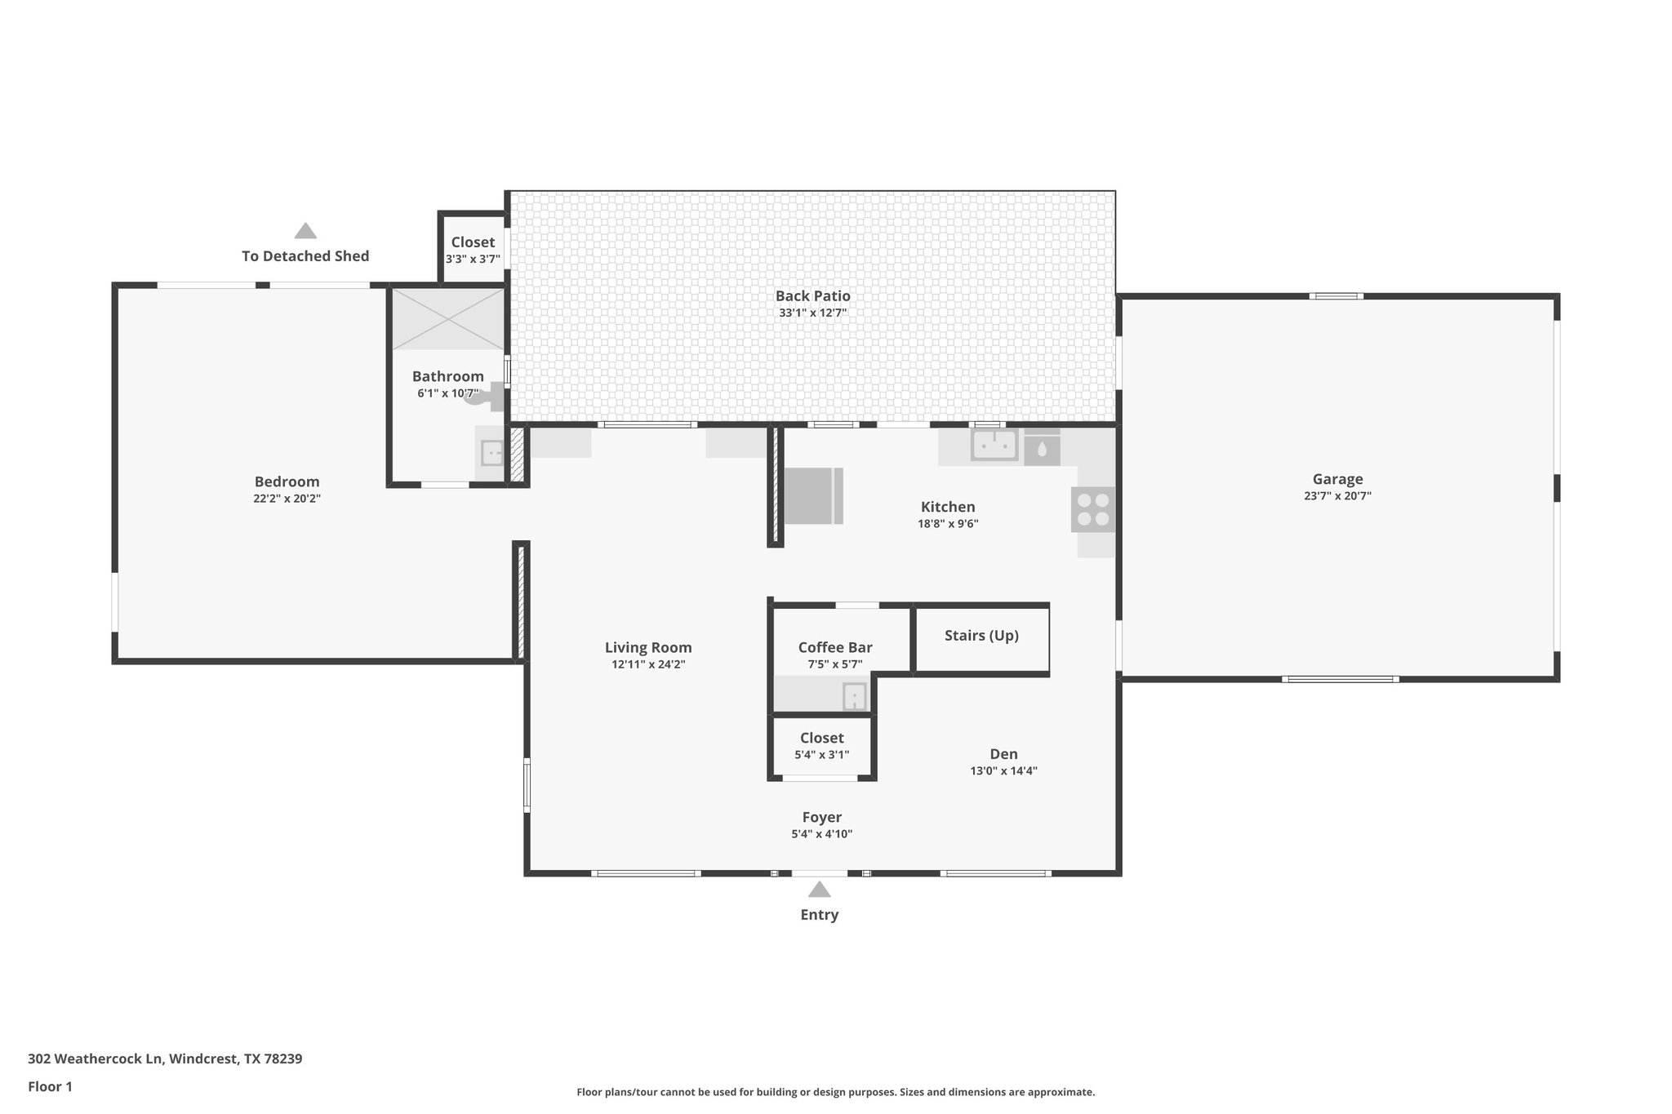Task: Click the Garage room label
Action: point(1337,479)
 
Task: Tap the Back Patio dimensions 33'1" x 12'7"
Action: point(812,313)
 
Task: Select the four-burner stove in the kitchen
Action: point(1093,509)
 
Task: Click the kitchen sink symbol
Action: point(994,446)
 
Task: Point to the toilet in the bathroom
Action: point(487,397)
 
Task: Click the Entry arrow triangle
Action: point(819,890)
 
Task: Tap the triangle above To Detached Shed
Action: point(305,231)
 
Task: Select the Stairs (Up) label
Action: point(981,635)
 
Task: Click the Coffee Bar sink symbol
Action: point(853,697)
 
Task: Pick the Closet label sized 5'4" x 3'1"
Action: point(821,738)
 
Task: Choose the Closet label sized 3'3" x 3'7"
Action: point(473,242)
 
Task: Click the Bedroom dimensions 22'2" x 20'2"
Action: point(287,499)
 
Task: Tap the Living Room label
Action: point(648,647)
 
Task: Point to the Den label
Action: point(1003,754)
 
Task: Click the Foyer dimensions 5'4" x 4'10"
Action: point(821,834)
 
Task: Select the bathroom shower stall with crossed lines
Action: point(447,318)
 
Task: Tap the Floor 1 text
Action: point(50,1086)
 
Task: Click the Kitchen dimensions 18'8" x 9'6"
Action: point(948,524)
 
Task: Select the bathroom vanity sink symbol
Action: point(491,452)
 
